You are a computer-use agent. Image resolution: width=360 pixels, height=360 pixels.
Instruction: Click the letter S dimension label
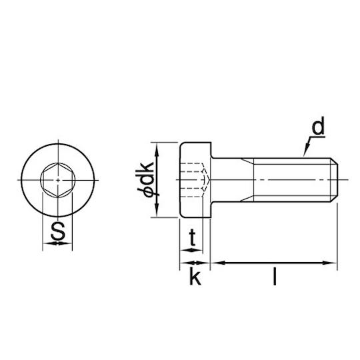[x=58, y=231]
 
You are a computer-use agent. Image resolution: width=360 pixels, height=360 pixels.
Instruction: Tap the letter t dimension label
[x=193, y=238]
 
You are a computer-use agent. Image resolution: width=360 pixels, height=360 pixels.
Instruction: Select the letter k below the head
[x=195, y=277]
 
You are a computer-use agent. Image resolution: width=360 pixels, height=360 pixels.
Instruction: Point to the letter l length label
[x=275, y=277]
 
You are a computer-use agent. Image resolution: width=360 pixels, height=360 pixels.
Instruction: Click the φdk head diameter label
[x=145, y=179]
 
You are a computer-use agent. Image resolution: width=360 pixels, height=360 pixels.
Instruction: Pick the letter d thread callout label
[x=318, y=125]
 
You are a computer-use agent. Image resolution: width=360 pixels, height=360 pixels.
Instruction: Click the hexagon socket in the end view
[x=58, y=180]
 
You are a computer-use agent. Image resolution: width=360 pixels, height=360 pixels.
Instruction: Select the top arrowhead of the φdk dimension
[x=157, y=149]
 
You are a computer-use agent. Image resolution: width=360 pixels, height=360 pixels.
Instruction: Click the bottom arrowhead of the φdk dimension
[x=157, y=211]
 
